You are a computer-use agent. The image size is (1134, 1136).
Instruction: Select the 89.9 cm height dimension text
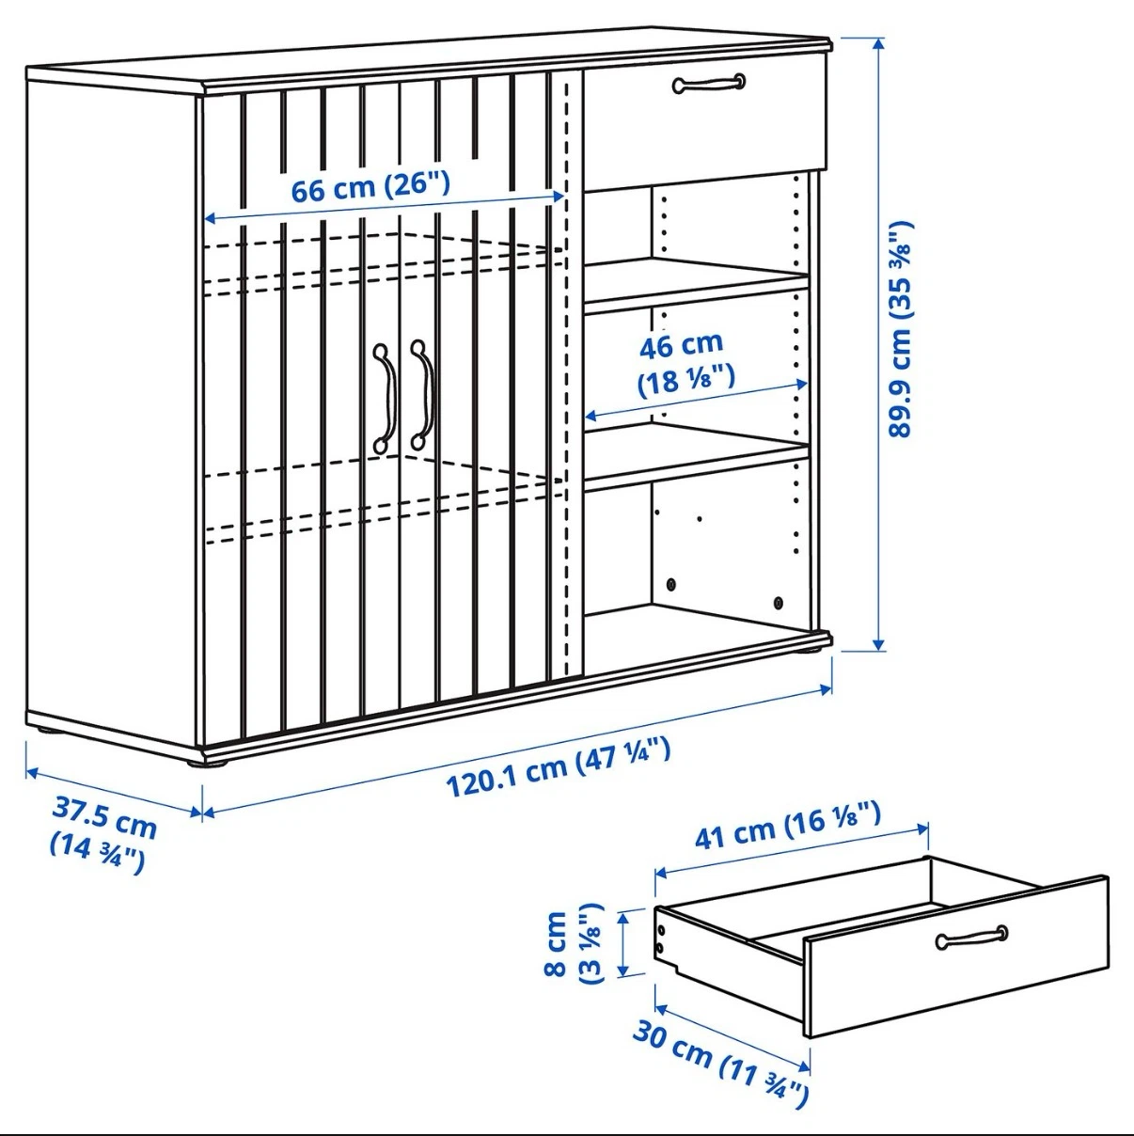pos(900,329)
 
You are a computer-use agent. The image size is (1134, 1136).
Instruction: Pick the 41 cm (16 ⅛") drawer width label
pos(788,825)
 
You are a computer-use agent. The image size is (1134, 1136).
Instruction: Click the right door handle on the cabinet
pos(423,394)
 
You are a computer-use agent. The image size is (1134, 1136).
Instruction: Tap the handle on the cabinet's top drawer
pos(708,83)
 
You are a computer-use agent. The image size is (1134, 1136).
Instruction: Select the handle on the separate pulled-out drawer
pos(971,938)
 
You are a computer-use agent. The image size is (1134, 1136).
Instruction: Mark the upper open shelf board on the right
pos(697,285)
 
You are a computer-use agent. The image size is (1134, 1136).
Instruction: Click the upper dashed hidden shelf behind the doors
pos(384,263)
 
